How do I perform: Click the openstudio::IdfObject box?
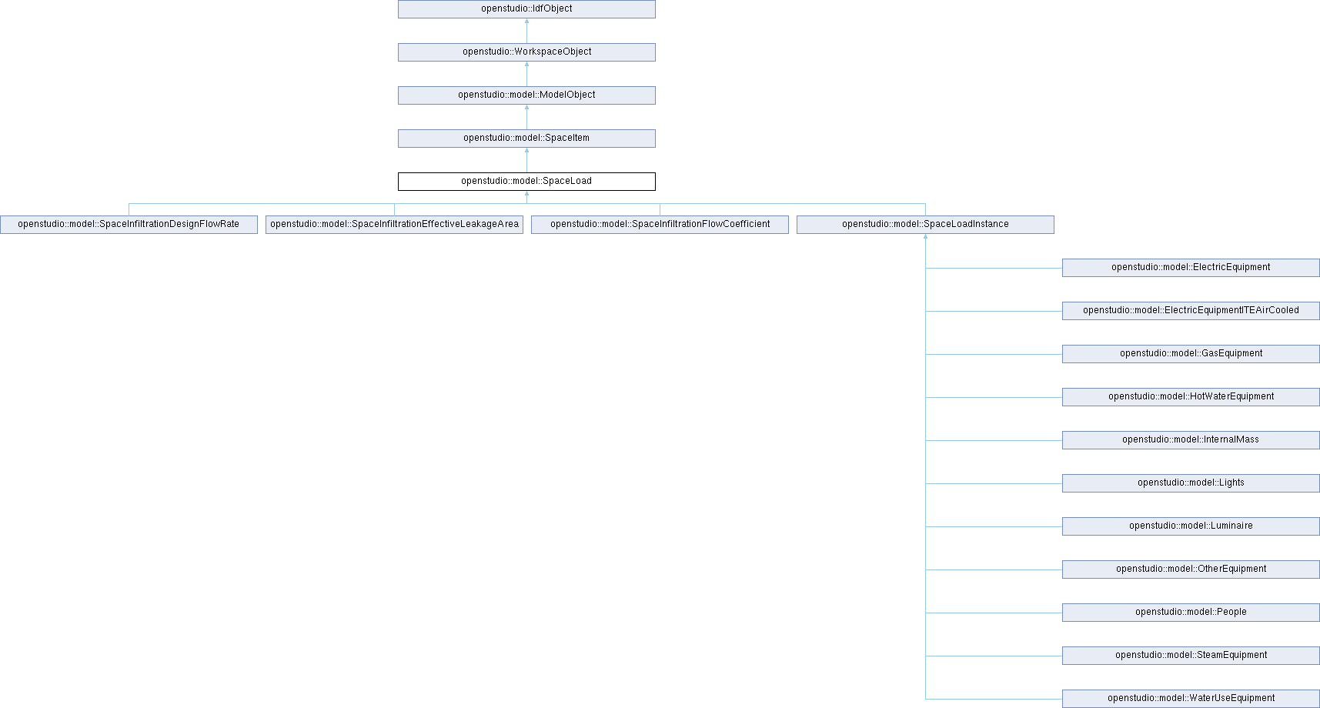click(x=526, y=9)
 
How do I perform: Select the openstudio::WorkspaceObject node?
click(x=526, y=52)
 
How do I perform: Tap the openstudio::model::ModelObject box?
click(x=526, y=95)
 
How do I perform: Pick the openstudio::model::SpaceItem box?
click(x=526, y=139)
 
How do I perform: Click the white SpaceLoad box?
click(x=526, y=182)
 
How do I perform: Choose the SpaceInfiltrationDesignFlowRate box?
click(x=129, y=225)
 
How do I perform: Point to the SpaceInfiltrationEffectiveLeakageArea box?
click(x=394, y=225)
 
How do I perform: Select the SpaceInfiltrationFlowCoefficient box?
click(x=660, y=225)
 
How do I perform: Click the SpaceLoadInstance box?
click(x=925, y=225)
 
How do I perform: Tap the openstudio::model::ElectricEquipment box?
click(x=1191, y=268)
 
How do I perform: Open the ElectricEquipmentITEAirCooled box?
click(x=1191, y=311)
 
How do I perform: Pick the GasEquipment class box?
click(x=1191, y=354)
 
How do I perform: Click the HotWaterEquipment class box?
click(x=1191, y=397)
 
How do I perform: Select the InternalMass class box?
click(x=1191, y=440)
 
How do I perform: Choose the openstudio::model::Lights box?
click(x=1191, y=483)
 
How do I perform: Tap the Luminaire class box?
click(x=1191, y=526)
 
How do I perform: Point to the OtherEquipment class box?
click(x=1191, y=569)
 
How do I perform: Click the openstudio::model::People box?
click(x=1191, y=613)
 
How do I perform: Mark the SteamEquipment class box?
click(x=1191, y=656)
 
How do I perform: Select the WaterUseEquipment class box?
click(x=1191, y=699)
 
